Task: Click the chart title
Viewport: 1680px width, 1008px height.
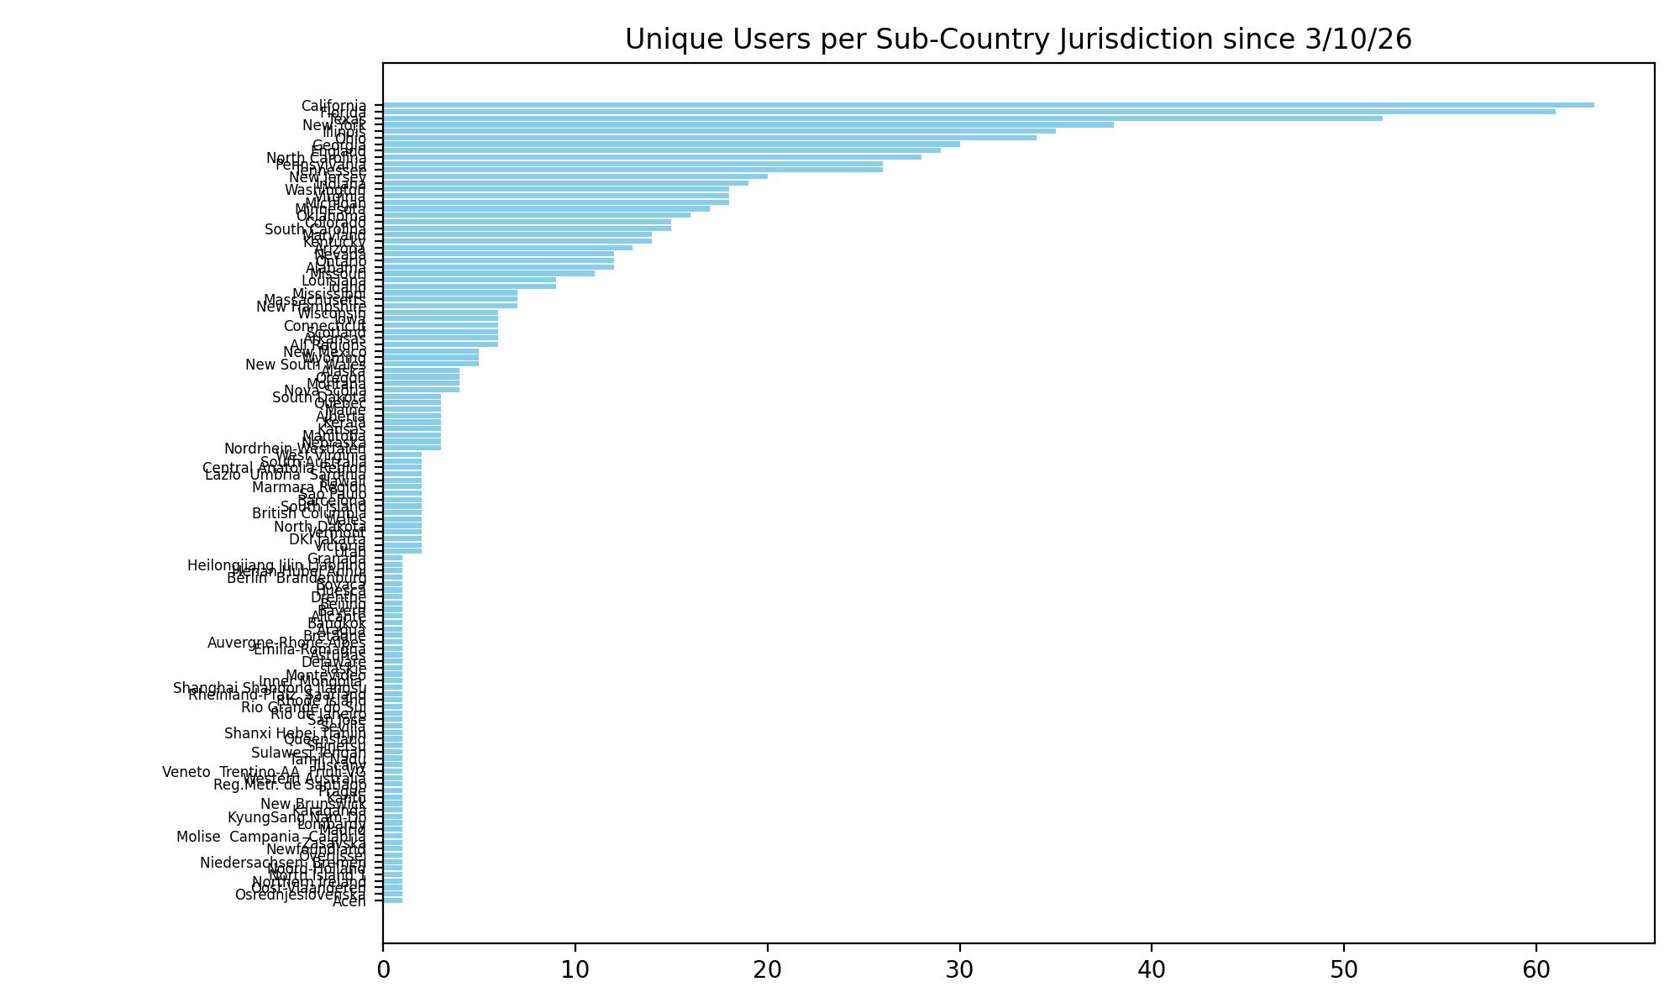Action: (1018, 39)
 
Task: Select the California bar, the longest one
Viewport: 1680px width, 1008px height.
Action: (988, 105)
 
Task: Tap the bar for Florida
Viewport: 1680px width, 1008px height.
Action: (969, 112)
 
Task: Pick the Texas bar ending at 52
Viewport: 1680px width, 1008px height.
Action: (882, 118)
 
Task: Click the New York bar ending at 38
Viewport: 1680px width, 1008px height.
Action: (748, 124)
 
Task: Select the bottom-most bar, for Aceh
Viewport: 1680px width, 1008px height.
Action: (393, 900)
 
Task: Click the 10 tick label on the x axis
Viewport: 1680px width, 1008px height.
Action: (575, 969)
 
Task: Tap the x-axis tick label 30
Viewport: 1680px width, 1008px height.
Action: (959, 969)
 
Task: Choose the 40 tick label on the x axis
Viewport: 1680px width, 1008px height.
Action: (1152, 969)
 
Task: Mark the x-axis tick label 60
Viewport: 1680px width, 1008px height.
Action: (1536, 969)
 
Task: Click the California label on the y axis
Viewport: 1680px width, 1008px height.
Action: (333, 106)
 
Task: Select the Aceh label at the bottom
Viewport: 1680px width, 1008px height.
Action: (349, 901)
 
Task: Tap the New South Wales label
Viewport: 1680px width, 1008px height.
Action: (306, 365)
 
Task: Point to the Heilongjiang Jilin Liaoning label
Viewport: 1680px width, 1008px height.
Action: (276, 565)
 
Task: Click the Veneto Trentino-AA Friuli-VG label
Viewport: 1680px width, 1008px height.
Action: (264, 772)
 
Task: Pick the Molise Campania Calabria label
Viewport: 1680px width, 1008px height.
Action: (271, 837)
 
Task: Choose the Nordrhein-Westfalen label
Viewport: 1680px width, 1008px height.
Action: (295, 449)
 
